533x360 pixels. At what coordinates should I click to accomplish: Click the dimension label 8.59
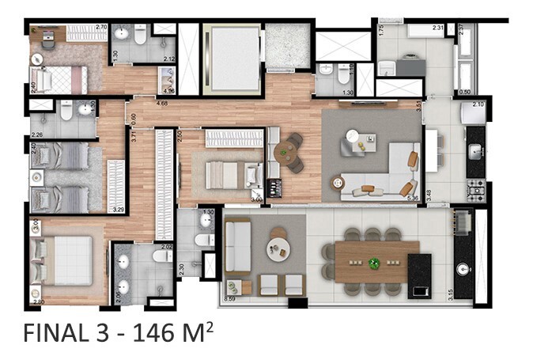(x=231, y=299)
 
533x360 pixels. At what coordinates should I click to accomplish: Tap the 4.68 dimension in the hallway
(x=162, y=103)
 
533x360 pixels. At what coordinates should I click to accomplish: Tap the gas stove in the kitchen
(x=478, y=188)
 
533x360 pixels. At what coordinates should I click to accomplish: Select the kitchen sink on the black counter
(x=477, y=151)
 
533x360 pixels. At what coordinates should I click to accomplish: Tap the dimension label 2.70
(x=100, y=28)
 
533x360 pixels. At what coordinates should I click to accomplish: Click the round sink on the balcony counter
(x=461, y=267)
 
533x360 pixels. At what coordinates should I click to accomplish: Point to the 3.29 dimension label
(x=119, y=210)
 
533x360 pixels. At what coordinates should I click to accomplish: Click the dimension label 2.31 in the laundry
(x=437, y=28)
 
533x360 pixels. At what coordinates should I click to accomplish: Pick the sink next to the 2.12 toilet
(x=121, y=33)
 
